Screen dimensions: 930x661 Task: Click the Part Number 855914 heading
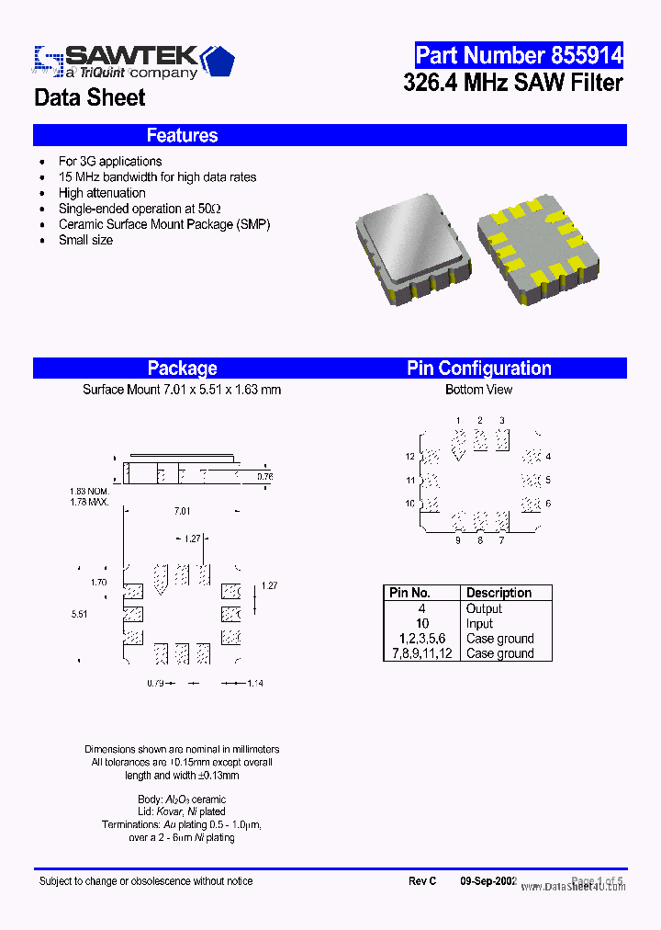tap(519, 55)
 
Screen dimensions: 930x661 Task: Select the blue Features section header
tap(182, 135)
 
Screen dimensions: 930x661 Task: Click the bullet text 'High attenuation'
tap(102, 193)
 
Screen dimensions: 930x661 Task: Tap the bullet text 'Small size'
tap(85, 240)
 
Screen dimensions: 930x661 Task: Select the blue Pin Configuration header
tap(478, 369)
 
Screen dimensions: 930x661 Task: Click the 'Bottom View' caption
tap(478, 390)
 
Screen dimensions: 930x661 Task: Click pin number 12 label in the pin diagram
tap(409, 457)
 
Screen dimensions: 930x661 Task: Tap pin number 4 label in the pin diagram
tap(548, 457)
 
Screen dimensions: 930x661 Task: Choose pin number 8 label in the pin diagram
tap(479, 540)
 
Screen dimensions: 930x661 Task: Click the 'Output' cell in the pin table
tap(484, 608)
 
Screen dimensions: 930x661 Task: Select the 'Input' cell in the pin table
tap(479, 623)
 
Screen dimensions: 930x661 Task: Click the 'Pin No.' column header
tap(409, 593)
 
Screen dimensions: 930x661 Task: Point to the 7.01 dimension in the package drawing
tap(182, 511)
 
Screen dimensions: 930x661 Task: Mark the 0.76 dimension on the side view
tap(264, 476)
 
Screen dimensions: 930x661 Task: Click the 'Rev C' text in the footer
tap(422, 881)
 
